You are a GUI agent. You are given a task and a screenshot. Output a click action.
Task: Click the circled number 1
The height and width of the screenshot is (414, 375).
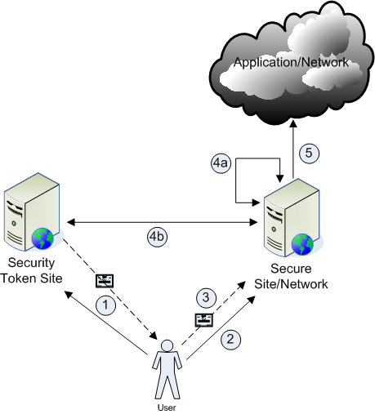point(105,305)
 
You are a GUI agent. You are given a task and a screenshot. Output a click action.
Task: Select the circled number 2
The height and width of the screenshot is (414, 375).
point(230,339)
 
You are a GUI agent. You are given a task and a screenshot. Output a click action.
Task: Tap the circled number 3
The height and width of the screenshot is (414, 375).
point(206,297)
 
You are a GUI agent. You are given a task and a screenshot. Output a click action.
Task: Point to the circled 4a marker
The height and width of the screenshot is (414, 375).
point(221,163)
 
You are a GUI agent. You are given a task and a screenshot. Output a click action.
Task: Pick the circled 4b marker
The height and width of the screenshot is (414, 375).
point(158,237)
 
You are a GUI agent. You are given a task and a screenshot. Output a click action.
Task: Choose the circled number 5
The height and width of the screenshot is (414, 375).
point(309,153)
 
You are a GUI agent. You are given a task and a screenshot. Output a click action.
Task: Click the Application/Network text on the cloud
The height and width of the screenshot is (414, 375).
point(291,62)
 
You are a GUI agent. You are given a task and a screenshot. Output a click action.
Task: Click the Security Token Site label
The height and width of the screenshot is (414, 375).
point(31,270)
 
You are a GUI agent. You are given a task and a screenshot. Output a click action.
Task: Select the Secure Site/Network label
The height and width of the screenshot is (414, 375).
point(291,276)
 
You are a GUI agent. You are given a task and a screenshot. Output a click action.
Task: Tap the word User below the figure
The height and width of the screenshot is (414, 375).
point(167,407)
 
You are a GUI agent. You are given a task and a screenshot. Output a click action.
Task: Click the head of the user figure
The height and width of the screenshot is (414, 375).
point(167,345)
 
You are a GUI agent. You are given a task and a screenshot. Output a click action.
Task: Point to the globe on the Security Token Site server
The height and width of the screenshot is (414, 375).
point(42,238)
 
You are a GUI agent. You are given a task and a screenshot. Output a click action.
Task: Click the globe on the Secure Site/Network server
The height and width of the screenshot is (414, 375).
point(302,244)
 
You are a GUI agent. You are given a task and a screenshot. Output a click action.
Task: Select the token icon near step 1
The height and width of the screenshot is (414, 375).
point(105,281)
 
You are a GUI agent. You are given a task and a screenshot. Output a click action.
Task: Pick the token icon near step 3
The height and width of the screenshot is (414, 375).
point(204,320)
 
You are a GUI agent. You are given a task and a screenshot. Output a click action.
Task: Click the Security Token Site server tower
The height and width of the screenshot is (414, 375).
point(32,211)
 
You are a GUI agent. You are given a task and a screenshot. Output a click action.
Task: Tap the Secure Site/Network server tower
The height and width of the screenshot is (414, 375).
point(292,218)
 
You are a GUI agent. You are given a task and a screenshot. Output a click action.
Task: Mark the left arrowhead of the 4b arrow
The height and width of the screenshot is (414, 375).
point(70,222)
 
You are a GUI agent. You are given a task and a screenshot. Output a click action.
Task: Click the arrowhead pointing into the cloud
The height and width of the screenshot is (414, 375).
point(293,123)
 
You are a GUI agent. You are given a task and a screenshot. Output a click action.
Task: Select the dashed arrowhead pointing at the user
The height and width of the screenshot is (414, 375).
point(154,336)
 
